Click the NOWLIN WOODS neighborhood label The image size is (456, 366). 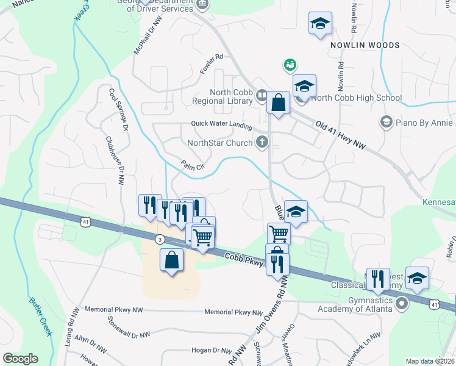click(x=365, y=45)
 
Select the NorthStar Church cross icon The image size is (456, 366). click(x=262, y=143)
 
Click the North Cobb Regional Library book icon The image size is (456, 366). click(x=262, y=95)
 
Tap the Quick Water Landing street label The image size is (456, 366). click(x=221, y=124)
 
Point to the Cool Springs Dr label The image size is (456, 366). click(x=118, y=110)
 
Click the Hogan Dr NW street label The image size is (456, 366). click(x=211, y=351)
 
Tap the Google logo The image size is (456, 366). click(x=21, y=359)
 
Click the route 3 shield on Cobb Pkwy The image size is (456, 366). click(x=160, y=239)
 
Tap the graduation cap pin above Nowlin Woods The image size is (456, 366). click(x=320, y=24)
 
